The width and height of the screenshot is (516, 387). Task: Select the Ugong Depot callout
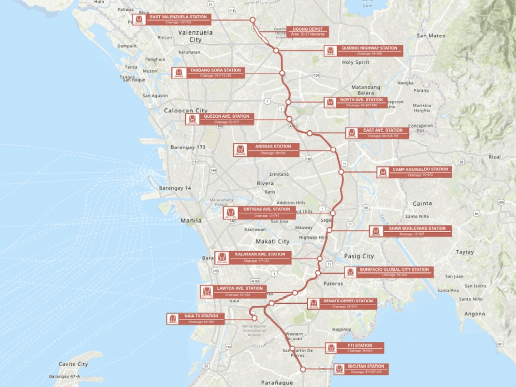308,31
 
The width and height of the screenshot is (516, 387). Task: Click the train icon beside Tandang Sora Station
179,72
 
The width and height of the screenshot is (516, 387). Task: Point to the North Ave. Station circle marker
288,102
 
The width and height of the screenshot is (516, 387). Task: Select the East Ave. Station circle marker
309,133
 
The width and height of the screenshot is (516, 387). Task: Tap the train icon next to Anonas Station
240,150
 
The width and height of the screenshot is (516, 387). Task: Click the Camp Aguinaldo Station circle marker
341,172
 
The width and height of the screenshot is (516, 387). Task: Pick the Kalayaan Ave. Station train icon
222,258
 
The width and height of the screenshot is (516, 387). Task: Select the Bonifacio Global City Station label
394,272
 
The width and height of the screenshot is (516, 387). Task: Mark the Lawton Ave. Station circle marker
295,293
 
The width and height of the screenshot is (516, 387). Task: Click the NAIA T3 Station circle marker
254,318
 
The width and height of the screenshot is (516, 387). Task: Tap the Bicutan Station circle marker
303,369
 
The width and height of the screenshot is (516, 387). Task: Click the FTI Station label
360,348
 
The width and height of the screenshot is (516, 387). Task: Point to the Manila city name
191,220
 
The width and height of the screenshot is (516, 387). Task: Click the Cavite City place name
73,364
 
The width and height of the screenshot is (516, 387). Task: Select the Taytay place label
465,252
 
